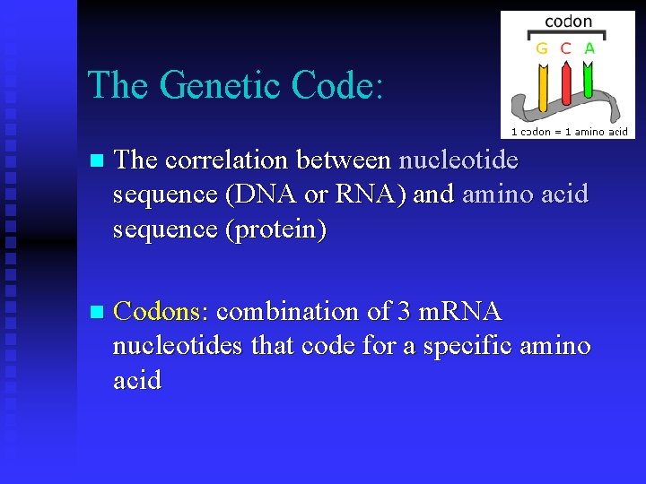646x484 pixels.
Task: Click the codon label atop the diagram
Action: (568, 22)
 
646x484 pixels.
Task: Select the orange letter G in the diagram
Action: (542, 48)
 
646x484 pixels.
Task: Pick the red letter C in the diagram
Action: (565, 48)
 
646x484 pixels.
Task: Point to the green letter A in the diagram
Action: (589, 48)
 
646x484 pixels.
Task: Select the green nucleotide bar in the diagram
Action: (588, 81)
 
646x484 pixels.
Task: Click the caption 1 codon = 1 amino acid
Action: (569, 131)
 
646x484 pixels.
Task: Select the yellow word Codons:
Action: (161, 312)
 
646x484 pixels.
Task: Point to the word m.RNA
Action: (461, 312)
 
